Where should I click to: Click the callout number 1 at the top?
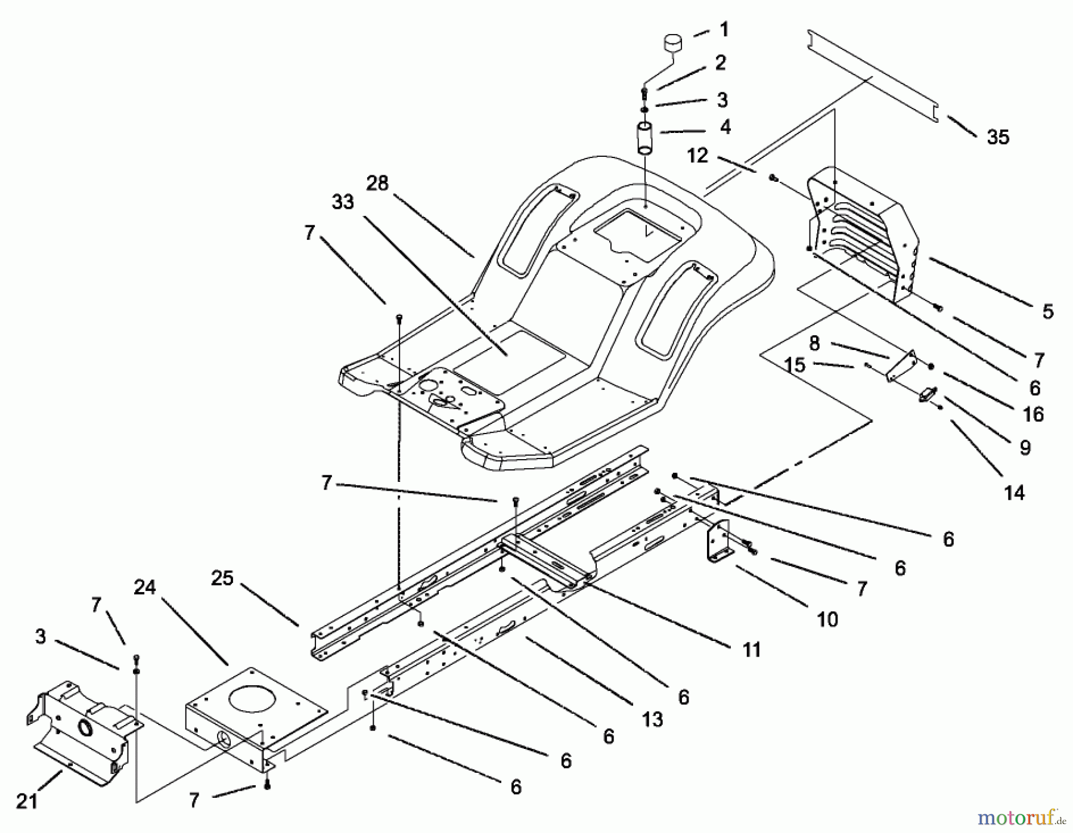(x=724, y=29)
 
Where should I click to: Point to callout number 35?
(x=998, y=138)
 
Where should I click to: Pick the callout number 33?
(x=343, y=202)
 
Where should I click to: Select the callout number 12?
(x=697, y=156)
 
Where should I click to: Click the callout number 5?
(x=1047, y=311)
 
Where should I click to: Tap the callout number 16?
(x=1033, y=414)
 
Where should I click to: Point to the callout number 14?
(x=1014, y=493)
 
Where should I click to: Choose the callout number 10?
(x=827, y=620)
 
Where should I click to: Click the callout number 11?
(x=752, y=649)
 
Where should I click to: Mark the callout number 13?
(x=653, y=720)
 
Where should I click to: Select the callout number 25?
(x=222, y=578)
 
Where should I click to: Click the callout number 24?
(x=145, y=587)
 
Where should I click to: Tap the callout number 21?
(x=27, y=801)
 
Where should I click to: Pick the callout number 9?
(x=1025, y=448)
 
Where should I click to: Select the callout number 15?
(x=795, y=365)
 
